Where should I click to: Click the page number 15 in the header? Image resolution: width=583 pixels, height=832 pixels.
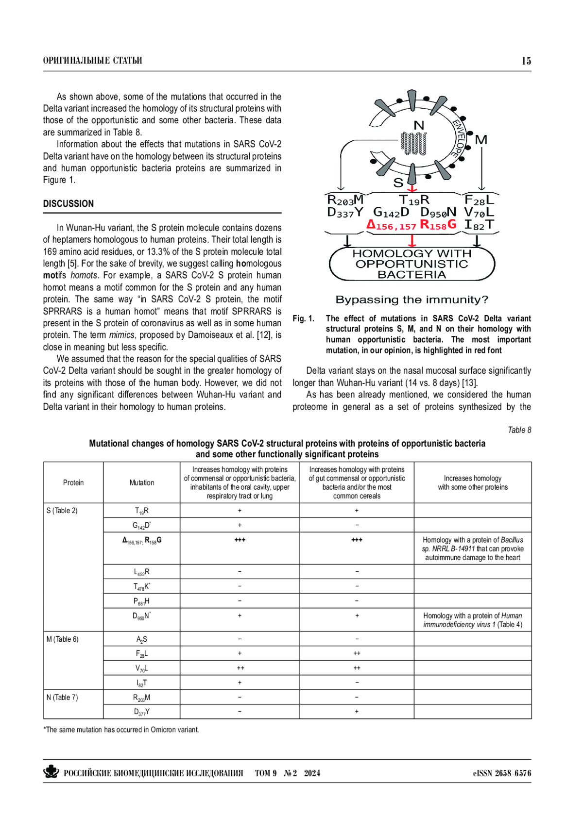pyautogui.click(x=526, y=61)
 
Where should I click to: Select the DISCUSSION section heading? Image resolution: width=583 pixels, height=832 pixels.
pyautogui.click(x=69, y=204)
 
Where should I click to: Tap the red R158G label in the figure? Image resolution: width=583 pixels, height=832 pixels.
pyautogui.click(x=438, y=225)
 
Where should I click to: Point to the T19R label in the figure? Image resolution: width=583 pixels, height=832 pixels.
pyautogui.click(x=414, y=200)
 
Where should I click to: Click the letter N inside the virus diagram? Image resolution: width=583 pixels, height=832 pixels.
pyautogui.click(x=419, y=125)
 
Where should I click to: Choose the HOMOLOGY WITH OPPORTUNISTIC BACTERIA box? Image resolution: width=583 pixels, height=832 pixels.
pyautogui.click(x=412, y=264)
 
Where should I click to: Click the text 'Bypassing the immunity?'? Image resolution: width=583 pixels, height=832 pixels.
pyautogui.click(x=412, y=300)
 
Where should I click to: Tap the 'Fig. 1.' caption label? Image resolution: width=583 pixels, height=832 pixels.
pyautogui.click(x=303, y=318)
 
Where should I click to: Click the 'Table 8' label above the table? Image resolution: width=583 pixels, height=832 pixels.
pyautogui.click(x=519, y=430)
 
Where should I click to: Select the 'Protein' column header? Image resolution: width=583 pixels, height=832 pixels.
pyautogui.click(x=73, y=483)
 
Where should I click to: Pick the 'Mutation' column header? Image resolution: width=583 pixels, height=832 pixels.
pyautogui.click(x=142, y=483)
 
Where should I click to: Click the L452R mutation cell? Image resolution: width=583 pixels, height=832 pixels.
pyautogui.click(x=142, y=572)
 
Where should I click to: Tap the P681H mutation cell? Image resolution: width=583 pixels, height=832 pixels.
pyautogui.click(x=142, y=601)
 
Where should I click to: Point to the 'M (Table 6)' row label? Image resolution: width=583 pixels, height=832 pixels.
pyautogui.click(x=62, y=639)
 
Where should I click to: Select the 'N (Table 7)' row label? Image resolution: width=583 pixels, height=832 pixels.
pyautogui.click(x=62, y=698)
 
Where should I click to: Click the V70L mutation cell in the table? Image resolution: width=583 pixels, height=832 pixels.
pyautogui.click(x=142, y=668)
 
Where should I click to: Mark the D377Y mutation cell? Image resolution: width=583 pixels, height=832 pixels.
pyautogui.click(x=142, y=712)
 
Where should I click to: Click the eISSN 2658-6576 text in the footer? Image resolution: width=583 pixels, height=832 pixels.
pyautogui.click(x=502, y=773)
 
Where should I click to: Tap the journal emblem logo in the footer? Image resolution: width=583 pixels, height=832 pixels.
pyautogui.click(x=51, y=772)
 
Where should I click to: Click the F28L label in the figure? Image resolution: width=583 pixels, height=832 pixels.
pyautogui.click(x=479, y=200)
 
